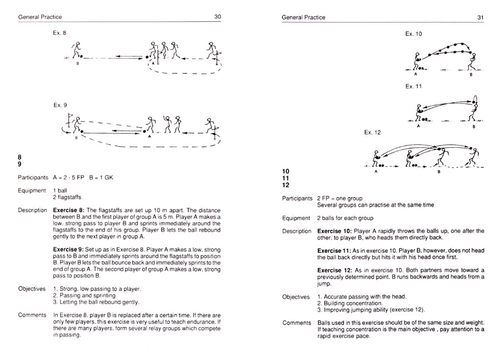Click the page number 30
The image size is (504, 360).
pos(218,17)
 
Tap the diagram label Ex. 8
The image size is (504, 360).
pos(60,33)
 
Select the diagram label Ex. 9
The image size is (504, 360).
pos(60,105)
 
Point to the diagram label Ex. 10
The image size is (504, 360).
pos(414,34)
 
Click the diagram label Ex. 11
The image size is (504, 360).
pos(414,87)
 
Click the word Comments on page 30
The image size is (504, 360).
pos(32,315)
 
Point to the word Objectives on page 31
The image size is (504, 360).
pos(296,297)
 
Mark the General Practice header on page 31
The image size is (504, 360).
pos(303,18)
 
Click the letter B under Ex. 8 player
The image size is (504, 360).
pos(77,63)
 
